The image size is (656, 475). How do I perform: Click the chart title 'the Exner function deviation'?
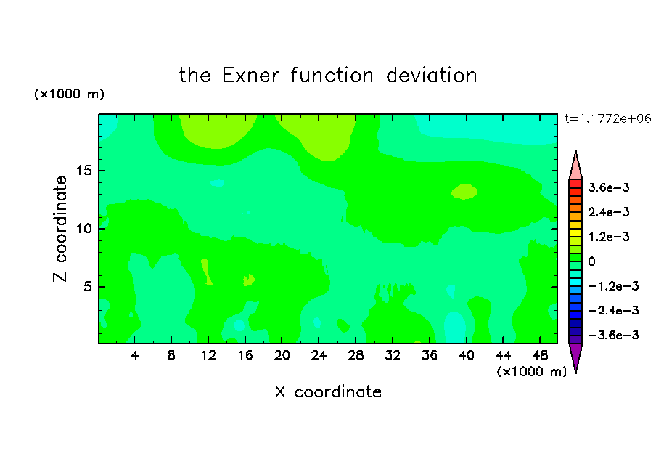tap(328, 76)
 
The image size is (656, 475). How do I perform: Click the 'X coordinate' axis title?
tap(328, 391)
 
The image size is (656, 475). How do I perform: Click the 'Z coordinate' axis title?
tap(60, 229)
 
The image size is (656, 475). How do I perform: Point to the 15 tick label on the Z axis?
tap(84, 171)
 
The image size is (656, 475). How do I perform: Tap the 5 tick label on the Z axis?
tap(88, 286)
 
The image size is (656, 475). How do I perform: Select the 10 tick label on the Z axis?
tap(84, 228)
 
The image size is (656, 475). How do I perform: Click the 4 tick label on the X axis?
tap(134, 355)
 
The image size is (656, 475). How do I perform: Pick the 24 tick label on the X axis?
tap(319, 355)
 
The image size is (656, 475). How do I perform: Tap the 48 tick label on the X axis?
tap(540, 355)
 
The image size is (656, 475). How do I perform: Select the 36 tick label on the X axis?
tap(430, 355)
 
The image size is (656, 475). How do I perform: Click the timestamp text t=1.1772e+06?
tap(608, 118)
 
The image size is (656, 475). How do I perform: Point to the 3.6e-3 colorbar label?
tap(609, 187)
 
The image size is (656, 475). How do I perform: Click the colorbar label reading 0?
tap(591, 261)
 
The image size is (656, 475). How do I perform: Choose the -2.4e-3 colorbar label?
tap(613, 310)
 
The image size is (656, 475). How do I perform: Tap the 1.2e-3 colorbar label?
tap(609, 237)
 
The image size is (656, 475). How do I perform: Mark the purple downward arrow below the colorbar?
tap(575, 356)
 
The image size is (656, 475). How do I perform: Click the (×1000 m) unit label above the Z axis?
tap(69, 94)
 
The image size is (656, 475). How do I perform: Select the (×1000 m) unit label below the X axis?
tap(531, 371)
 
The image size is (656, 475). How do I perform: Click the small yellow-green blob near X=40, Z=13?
tap(464, 192)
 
